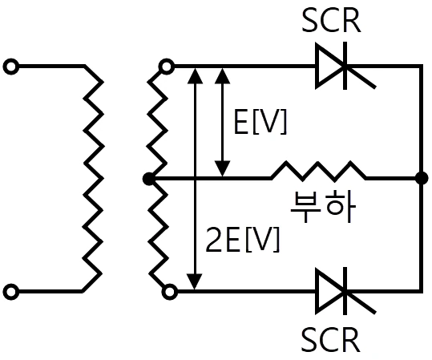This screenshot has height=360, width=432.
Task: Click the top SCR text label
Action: [x=331, y=21]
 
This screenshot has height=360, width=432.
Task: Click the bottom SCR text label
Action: [x=330, y=339]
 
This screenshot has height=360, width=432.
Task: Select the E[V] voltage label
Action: [x=260, y=122]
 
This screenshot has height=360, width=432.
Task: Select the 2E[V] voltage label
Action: [x=242, y=239]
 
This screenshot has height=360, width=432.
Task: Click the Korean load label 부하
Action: [x=323, y=206]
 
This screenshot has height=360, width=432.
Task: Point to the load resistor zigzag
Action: [x=319, y=171]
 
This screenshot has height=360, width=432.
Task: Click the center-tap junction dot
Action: [x=148, y=180]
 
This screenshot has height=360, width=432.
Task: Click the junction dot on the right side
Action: [x=422, y=178]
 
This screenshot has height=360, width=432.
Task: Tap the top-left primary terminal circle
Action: [x=11, y=67]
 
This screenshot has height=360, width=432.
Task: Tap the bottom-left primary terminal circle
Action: [x=11, y=292]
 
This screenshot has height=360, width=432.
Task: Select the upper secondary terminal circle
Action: [x=167, y=67]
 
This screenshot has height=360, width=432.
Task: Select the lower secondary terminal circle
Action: [x=170, y=292]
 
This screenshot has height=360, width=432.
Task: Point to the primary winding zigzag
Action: [x=93, y=178]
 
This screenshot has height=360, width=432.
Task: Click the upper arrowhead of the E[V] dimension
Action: [x=222, y=75]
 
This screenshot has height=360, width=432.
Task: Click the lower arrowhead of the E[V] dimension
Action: [x=222, y=168]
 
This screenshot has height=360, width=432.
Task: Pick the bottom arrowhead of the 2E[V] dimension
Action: [x=195, y=281]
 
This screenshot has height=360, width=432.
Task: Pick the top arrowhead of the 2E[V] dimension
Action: [x=195, y=75]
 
